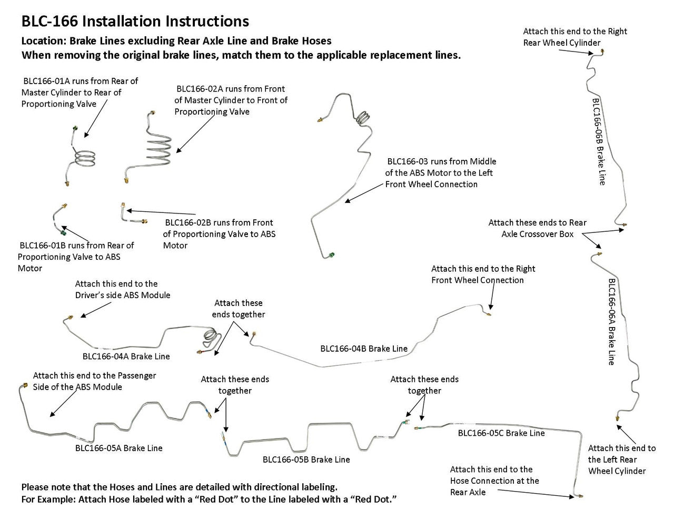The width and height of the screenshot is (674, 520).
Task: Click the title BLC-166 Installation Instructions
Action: coord(135,22)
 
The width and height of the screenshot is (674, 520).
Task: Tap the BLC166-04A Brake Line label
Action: coord(126,356)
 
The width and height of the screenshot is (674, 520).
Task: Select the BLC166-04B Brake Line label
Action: coord(363,349)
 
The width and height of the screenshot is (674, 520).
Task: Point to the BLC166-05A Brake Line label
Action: coord(118,448)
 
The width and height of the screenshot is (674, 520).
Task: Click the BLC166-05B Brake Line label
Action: coord(306,460)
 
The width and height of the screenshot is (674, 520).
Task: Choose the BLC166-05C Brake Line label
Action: coord(501,433)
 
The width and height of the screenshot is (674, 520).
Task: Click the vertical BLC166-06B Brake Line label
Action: coord(598,141)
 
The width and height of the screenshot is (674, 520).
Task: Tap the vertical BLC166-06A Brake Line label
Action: coord(611,321)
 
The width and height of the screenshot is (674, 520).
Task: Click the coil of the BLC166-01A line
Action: coord(84,158)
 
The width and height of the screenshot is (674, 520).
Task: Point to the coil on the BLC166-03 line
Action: coord(362,117)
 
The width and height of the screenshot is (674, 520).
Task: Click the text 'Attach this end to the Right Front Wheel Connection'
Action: coord(483,274)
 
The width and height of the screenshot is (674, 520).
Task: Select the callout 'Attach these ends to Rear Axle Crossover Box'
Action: coord(537,228)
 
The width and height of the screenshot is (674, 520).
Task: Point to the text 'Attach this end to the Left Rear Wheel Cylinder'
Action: coord(621,460)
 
